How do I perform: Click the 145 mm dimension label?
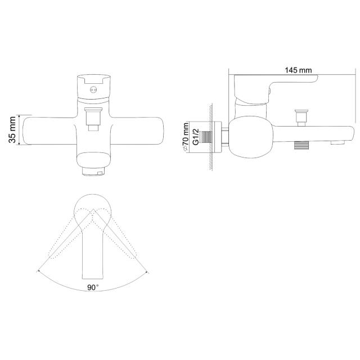coord(298,70)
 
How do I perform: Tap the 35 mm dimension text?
coord(12,130)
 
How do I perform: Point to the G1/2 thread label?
coord(196,137)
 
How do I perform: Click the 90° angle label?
coord(93,287)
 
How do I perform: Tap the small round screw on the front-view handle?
coord(93,90)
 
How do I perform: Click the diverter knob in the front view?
coord(93,119)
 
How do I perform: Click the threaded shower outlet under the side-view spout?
coord(301,145)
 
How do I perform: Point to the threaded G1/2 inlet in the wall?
coord(206,137)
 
